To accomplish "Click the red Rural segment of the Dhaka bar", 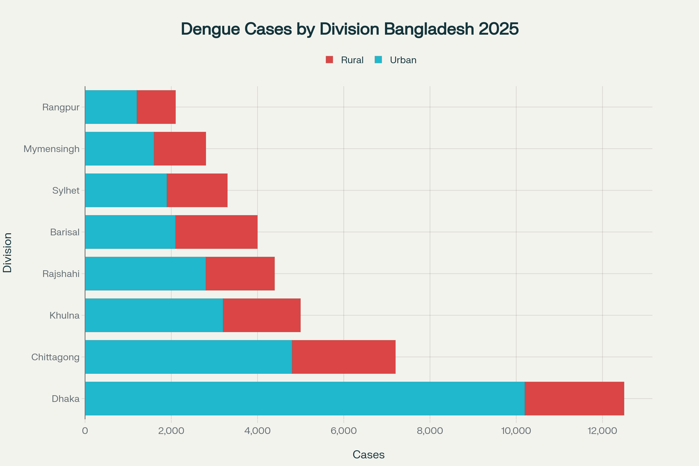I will [574, 398].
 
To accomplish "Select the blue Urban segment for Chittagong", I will [188, 357].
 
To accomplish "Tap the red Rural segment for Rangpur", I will [156, 107].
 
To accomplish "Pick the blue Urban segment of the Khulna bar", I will [154, 315].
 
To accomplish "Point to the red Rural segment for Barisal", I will [216, 232].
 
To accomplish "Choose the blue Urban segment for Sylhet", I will [126, 190].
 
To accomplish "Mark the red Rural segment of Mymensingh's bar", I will [180, 149].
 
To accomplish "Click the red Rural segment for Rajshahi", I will [240, 273].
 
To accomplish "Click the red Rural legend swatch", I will [329, 60].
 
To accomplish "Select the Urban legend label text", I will [403, 60].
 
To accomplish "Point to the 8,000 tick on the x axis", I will [430, 431].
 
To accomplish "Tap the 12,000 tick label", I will [602, 431].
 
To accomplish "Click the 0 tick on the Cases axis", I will [85, 431].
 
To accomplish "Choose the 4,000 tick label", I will [257, 431].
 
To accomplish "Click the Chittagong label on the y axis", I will [55, 357].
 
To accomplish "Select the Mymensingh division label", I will [52, 149].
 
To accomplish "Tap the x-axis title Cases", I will [368, 454].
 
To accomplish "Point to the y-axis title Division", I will [8, 253].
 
